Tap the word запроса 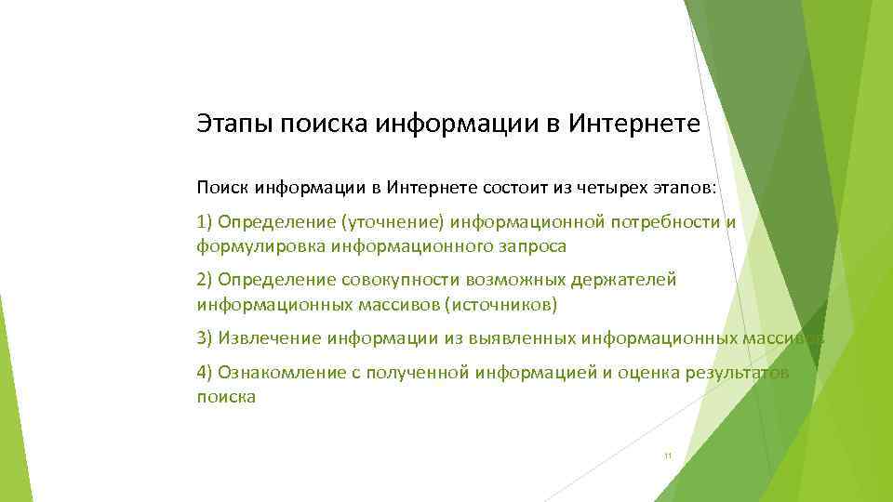coord(531,246)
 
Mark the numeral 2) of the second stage coord(205,279)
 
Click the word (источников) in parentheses coord(501,304)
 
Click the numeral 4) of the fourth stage coord(205,372)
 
